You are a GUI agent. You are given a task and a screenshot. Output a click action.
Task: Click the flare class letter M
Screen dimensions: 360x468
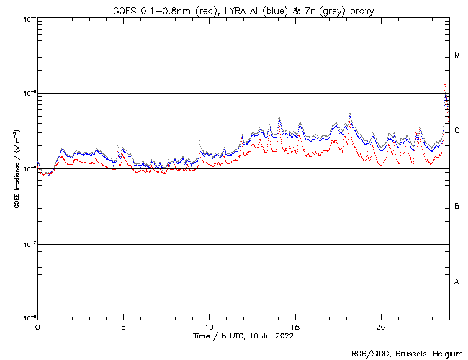pyautogui.click(x=457, y=55)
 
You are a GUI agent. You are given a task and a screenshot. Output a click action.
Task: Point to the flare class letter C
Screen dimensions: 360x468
pyautogui.click(x=457, y=131)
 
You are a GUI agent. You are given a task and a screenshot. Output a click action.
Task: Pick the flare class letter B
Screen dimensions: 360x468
pyautogui.click(x=457, y=207)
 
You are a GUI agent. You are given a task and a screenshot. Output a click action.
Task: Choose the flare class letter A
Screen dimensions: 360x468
pyautogui.click(x=457, y=282)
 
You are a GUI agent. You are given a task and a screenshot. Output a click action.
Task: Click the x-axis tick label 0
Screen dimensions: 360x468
pyautogui.click(x=37, y=326)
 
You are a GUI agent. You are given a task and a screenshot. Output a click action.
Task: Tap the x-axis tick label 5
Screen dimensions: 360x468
pyautogui.click(x=123, y=326)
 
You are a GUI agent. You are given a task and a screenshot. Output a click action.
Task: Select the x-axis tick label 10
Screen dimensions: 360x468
pyautogui.click(x=209, y=326)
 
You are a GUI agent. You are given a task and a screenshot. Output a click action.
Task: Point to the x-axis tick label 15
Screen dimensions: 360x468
pyautogui.click(x=295, y=326)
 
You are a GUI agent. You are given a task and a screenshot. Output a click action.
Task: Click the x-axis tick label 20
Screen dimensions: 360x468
pyautogui.click(x=381, y=326)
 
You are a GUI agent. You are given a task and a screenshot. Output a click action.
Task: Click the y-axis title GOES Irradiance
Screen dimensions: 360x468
pyautogui.click(x=16, y=169)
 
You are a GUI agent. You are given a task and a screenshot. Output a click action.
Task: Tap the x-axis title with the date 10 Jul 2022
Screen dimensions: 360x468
pyautogui.click(x=244, y=336)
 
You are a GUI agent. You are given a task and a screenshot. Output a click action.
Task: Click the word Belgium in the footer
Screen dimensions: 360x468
pyautogui.click(x=446, y=354)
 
